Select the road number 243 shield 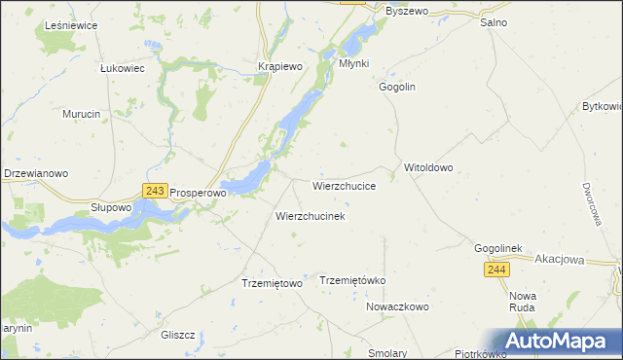pos(154,192)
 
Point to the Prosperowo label pos(199,194)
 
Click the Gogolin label pos(397,87)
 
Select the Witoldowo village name pos(428,167)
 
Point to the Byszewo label pos(407,11)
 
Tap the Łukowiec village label pos(123,69)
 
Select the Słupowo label pos(110,207)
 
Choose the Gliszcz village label pos(178,335)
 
